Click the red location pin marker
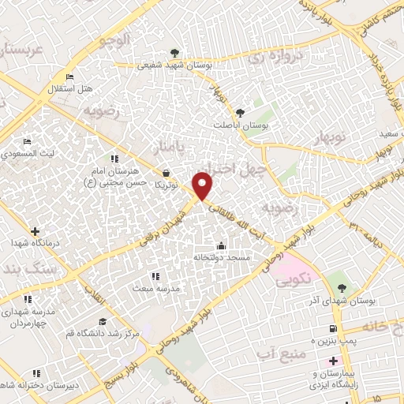[x=204, y=185]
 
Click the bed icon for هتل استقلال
[x=69, y=77]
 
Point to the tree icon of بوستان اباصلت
[x=241, y=113]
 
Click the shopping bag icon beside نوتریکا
[x=166, y=173]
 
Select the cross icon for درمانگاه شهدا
[x=34, y=231]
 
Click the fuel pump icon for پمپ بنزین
[x=332, y=329]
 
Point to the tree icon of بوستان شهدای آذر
[x=341, y=287]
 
